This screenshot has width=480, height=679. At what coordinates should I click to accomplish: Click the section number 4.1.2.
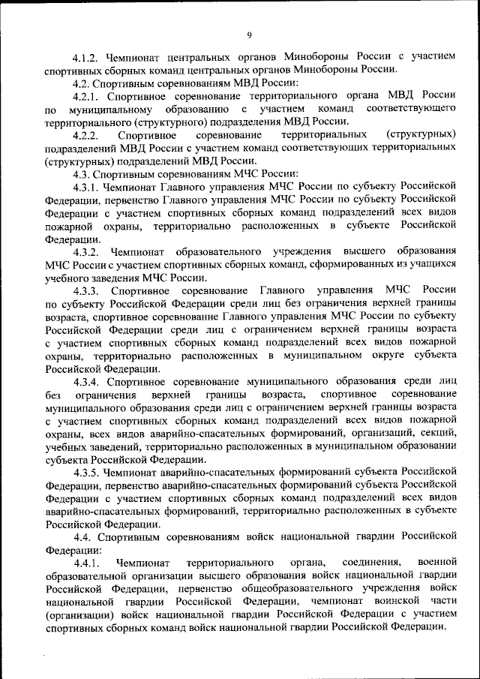(86, 56)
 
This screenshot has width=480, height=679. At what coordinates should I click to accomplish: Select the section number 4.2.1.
(86, 95)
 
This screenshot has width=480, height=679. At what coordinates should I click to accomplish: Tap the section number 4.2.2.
(86, 134)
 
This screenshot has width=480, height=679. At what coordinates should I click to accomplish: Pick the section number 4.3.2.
(86, 251)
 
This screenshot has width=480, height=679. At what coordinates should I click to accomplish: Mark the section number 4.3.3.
(86, 290)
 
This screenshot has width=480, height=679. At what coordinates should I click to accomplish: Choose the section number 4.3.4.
(86, 381)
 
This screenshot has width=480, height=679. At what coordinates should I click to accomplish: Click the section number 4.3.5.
(86, 472)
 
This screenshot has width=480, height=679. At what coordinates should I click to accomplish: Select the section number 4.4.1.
(86, 562)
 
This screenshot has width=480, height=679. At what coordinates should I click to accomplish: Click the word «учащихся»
(428, 264)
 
